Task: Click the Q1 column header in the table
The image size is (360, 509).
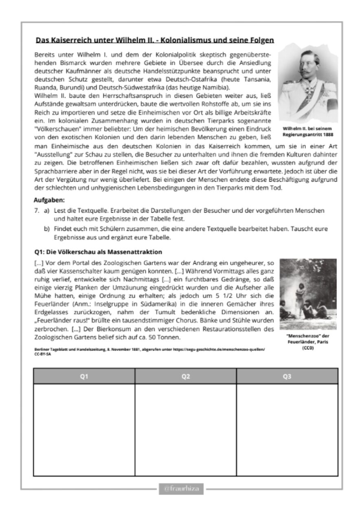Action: [84, 376]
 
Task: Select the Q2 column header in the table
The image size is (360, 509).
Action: [186, 376]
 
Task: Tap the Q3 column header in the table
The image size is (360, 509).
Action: [287, 376]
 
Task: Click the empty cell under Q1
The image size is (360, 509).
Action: [84, 429]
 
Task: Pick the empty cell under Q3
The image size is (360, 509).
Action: [287, 429]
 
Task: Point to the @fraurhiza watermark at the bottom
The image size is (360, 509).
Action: [181, 488]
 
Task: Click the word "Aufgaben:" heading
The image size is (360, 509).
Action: [49, 200]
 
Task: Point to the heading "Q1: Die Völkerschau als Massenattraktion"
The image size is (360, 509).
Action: [98, 252]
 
